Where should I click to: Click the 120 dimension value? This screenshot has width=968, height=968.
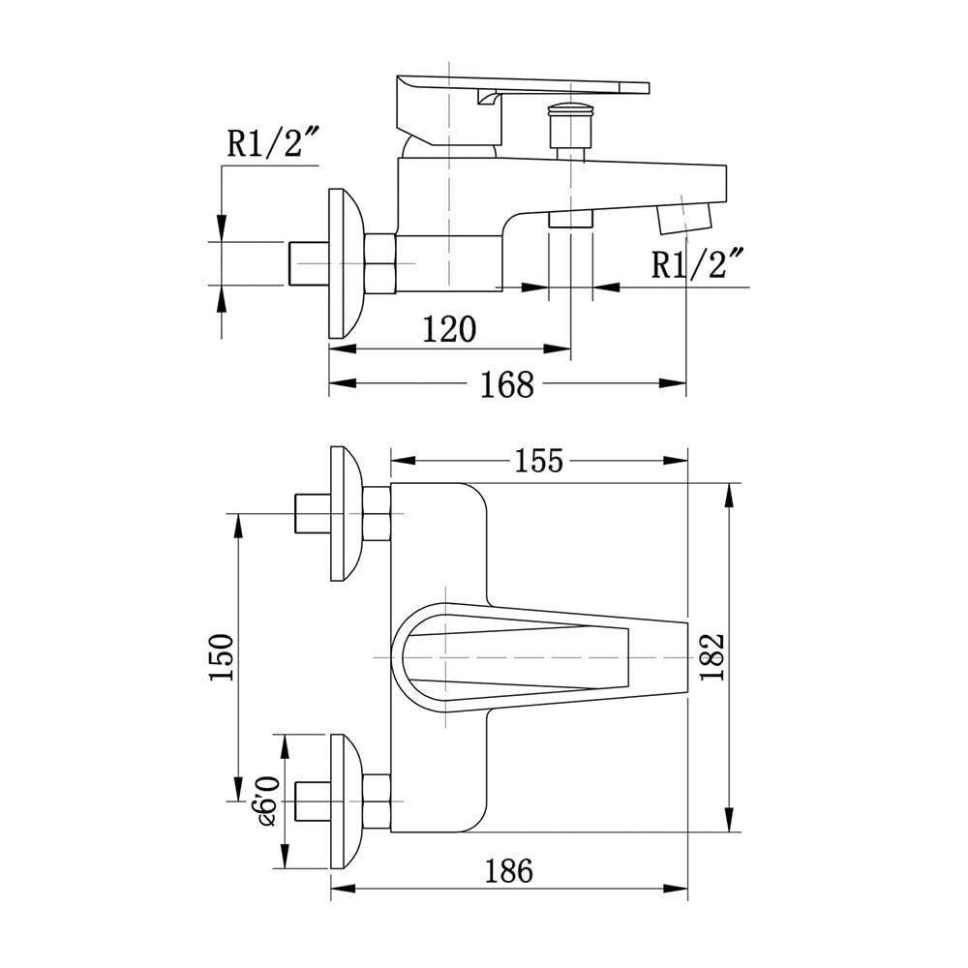[449, 329]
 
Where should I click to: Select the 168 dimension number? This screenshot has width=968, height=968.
[507, 384]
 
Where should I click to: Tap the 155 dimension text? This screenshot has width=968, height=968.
[539, 461]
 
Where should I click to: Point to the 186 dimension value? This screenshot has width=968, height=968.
[508, 871]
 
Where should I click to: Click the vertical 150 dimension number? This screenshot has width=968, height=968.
[222, 657]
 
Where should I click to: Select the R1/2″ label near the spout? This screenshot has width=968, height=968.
[698, 263]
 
